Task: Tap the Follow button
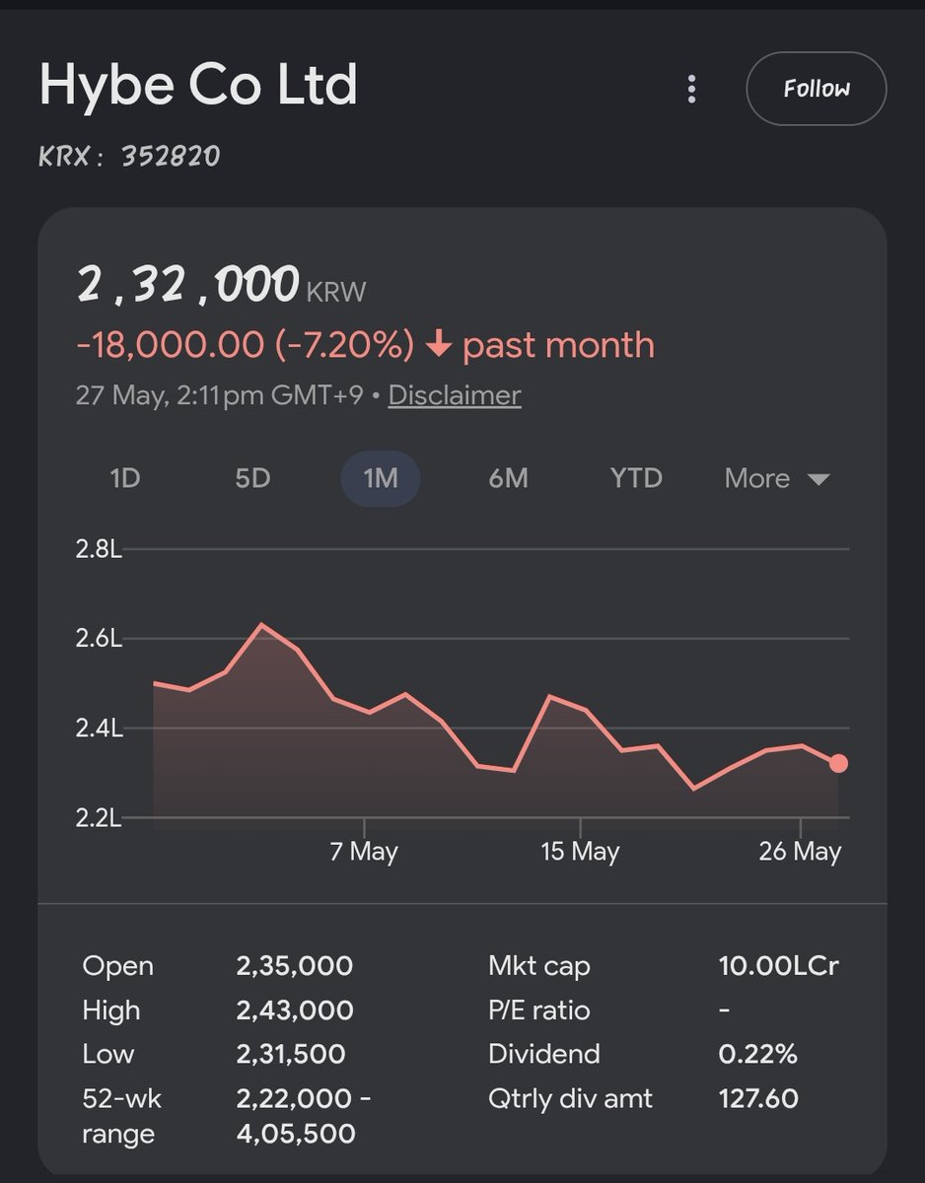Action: [x=817, y=89]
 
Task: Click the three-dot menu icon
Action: [x=691, y=89]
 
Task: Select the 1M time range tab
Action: [x=381, y=478]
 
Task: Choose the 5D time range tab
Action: [x=252, y=478]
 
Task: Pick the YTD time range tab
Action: [x=636, y=478]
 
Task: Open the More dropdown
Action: [x=777, y=478]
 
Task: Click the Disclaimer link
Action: [x=455, y=395]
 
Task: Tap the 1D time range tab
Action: [x=125, y=478]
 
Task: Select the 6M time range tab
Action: [x=508, y=478]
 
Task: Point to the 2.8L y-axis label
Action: [x=99, y=549]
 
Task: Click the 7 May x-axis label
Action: [x=364, y=852]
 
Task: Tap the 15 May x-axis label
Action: [x=580, y=852]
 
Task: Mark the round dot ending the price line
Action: [x=838, y=763]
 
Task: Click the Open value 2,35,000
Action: [x=295, y=966]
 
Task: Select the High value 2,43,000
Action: [x=295, y=1010]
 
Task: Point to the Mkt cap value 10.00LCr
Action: [x=778, y=966]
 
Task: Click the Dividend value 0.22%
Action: [x=758, y=1054]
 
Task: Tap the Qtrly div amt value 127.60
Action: [x=758, y=1098]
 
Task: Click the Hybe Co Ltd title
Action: [x=198, y=86]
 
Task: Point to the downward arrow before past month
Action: [x=438, y=344]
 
